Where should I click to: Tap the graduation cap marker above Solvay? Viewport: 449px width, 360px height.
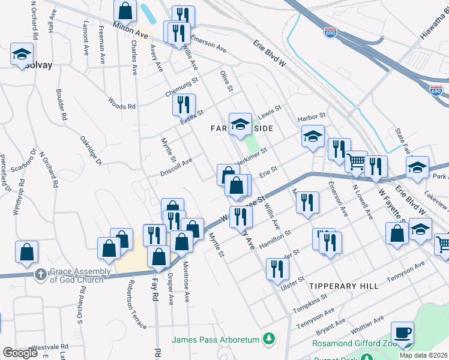tap(22, 54)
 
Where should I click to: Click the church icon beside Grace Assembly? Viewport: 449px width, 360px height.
tap(40, 275)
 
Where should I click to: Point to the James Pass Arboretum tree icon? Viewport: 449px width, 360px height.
tap(270, 340)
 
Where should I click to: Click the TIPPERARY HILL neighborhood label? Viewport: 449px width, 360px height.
tap(344, 286)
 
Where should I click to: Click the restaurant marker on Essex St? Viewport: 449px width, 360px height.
tap(184, 105)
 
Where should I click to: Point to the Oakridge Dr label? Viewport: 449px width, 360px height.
tap(91, 151)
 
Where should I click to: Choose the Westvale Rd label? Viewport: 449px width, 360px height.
tap(49, 347)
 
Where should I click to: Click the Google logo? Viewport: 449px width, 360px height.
tap(20, 353)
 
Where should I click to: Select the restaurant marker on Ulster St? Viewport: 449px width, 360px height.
tap(276, 270)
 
